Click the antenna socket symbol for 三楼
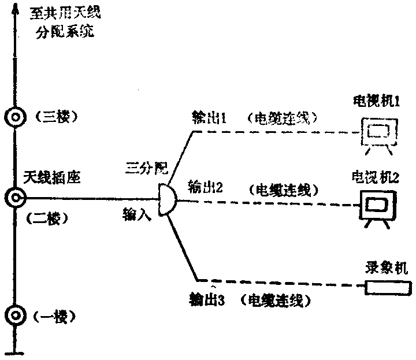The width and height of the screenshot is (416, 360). [13, 117]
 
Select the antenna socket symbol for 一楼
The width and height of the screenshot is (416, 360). [13, 316]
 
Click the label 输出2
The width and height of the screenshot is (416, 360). [202, 187]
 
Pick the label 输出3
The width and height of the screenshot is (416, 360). [206, 300]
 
